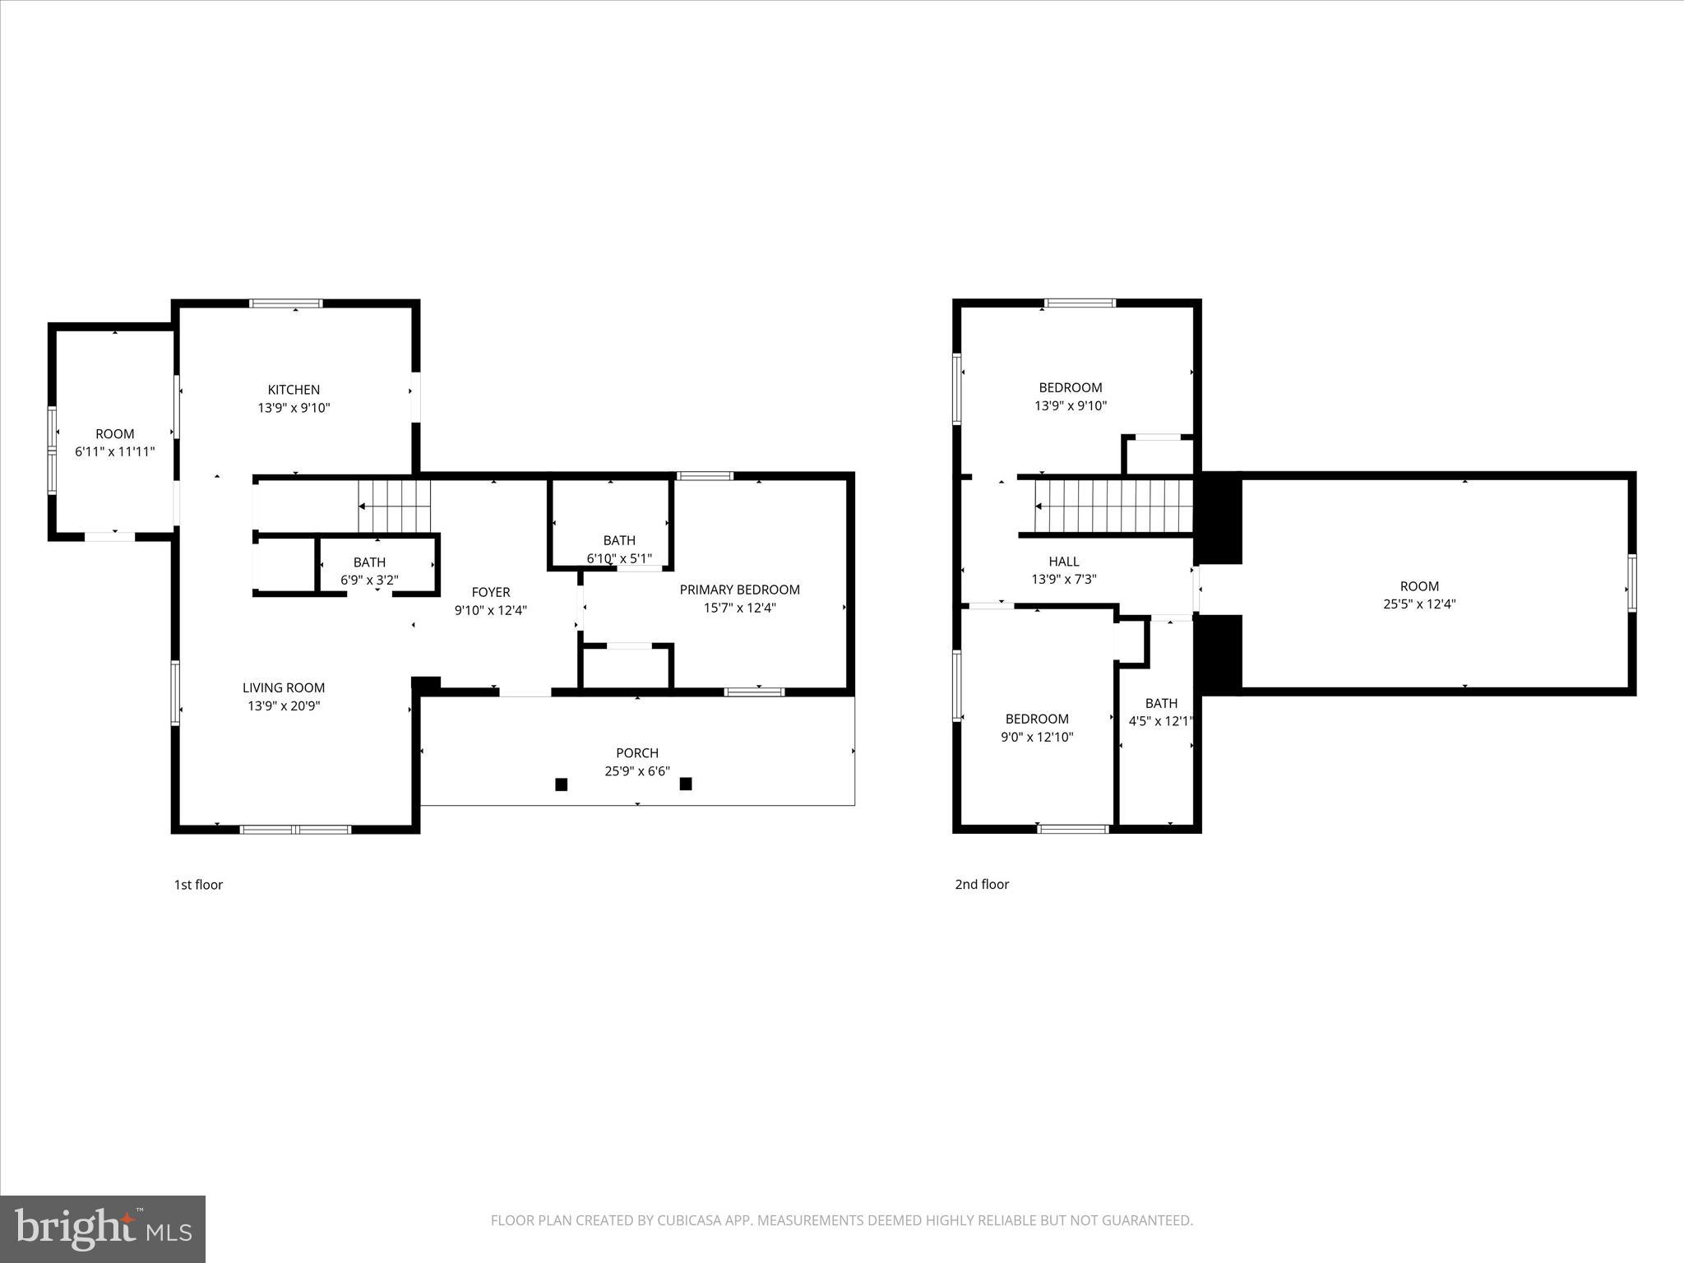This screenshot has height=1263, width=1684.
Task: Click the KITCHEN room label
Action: pyautogui.click(x=294, y=390)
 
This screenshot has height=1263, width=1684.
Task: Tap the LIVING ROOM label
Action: pyautogui.click(x=284, y=687)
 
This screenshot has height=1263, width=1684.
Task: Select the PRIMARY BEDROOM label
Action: pyautogui.click(x=739, y=590)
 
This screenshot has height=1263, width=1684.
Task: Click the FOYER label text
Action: pyautogui.click(x=491, y=592)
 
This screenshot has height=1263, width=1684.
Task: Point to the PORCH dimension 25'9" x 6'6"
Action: pyautogui.click(x=637, y=771)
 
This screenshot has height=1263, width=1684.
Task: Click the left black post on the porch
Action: pyautogui.click(x=562, y=784)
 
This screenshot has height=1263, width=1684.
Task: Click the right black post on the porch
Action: pyautogui.click(x=686, y=784)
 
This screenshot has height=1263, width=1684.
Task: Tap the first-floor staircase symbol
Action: pyautogui.click(x=395, y=507)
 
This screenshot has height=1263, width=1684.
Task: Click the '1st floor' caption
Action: pyautogui.click(x=198, y=885)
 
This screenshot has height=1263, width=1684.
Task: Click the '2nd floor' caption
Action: pyautogui.click(x=982, y=884)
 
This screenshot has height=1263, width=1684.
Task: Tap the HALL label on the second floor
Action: pyautogui.click(x=1064, y=562)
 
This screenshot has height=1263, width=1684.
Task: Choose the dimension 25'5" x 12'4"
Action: pyautogui.click(x=1419, y=604)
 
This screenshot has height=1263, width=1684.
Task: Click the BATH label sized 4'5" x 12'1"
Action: pyautogui.click(x=1161, y=703)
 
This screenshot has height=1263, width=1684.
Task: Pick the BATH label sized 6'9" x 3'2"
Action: pyautogui.click(x=369, y=562)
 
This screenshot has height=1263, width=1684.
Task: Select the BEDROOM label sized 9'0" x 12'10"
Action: pyautogui.click(x=1037, y=719)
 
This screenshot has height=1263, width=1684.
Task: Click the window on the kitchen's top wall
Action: pyautogui.click(x=286, y=303)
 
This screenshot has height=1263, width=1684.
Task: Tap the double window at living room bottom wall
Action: pyautogui.click(x=296, y=829)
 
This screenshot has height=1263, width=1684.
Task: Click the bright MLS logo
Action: pyautogui.click(x=103, y=1228)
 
